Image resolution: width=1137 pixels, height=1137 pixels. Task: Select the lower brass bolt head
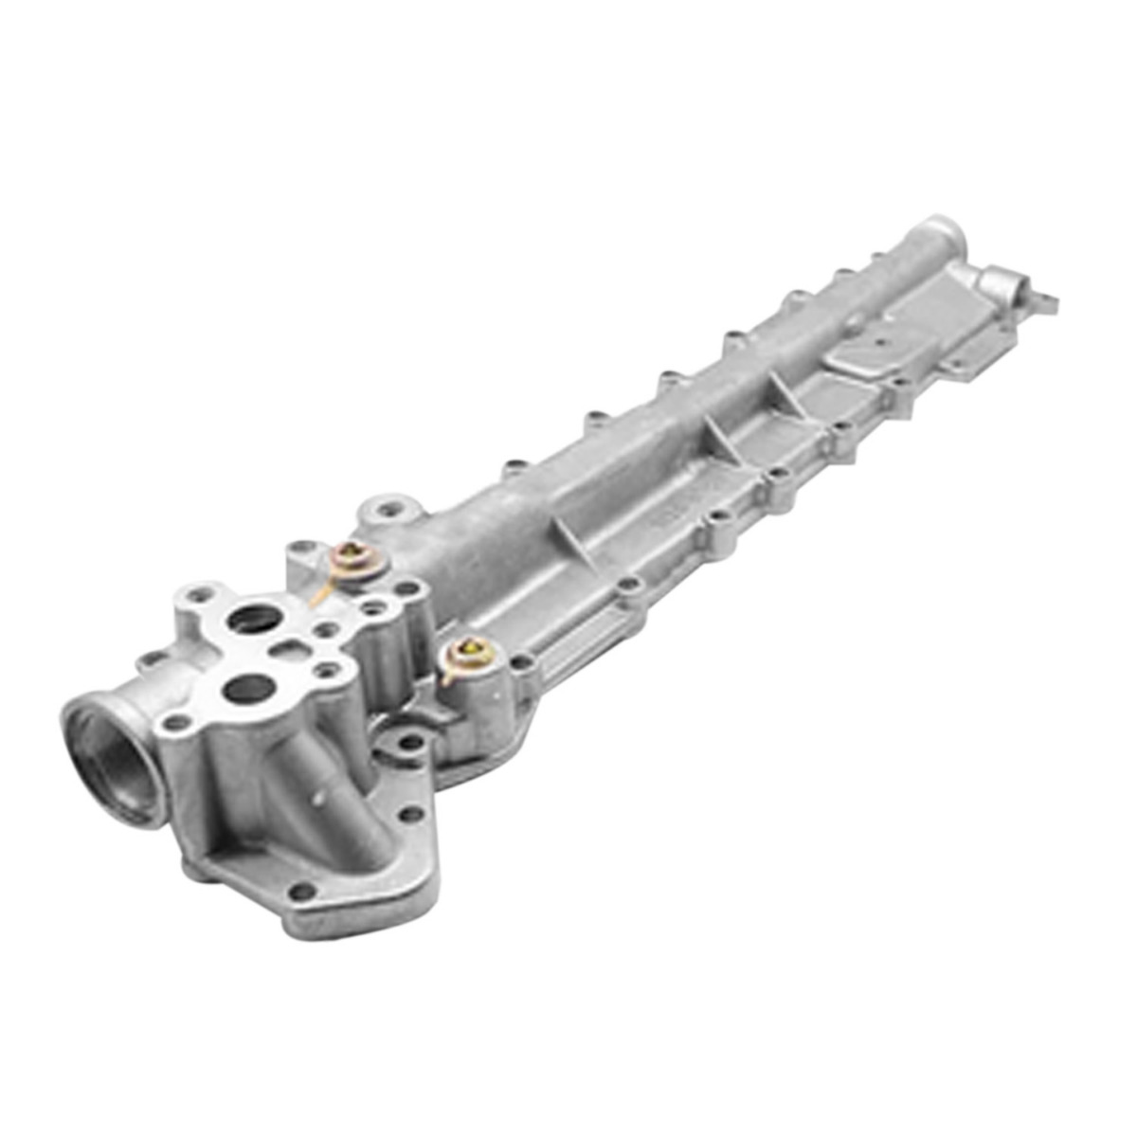[x=469, y=650]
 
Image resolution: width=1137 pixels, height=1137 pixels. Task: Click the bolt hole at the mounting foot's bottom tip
[x=302, y=892]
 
